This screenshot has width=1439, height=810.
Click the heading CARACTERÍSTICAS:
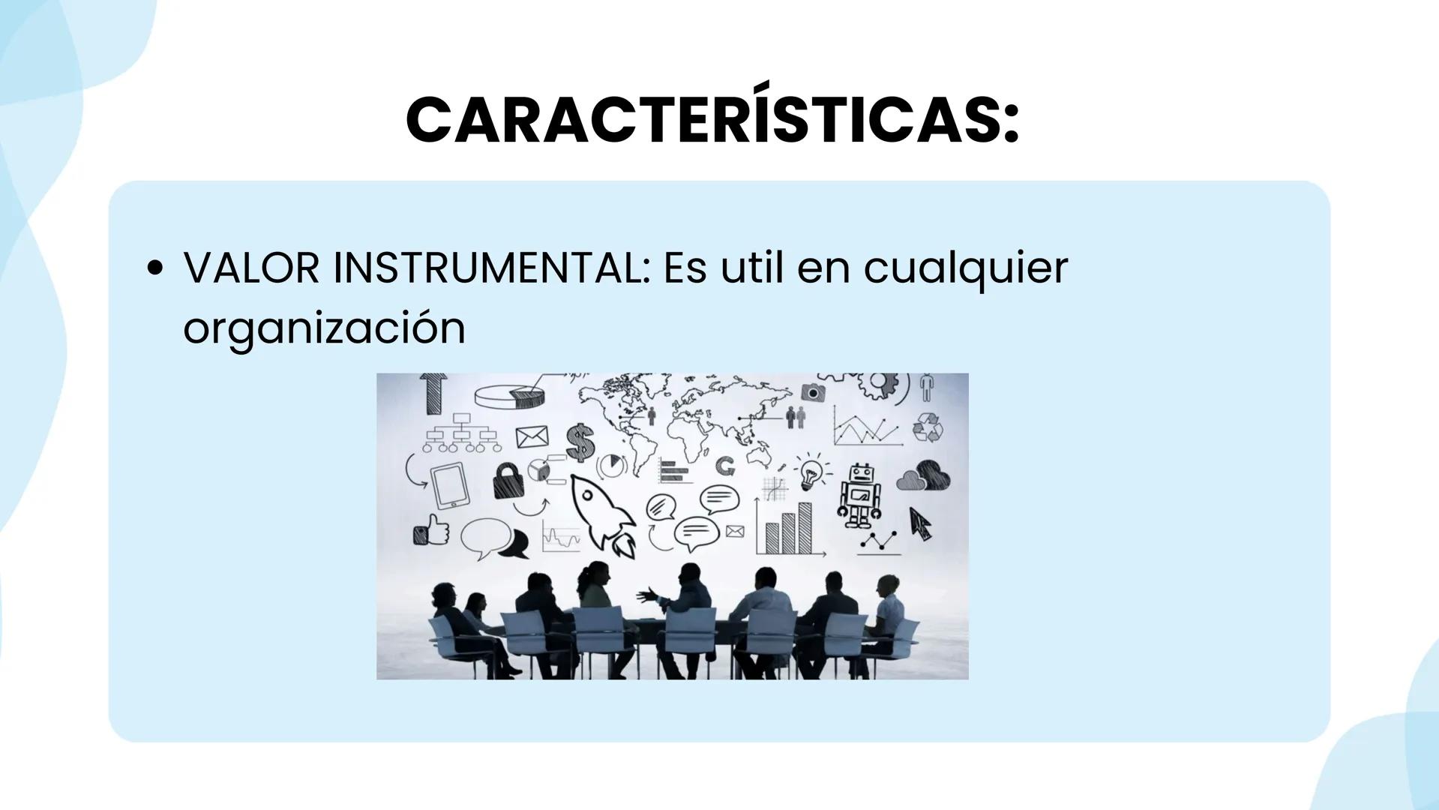[x=712, y=119]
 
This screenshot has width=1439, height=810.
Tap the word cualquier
[x=965, y=269]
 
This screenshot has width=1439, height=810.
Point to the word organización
[x=324, y=329]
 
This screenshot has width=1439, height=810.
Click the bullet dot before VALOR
[x=155, y=269]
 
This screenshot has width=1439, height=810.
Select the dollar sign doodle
[x=579, y=442]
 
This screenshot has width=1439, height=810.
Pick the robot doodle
[x=859, y=494]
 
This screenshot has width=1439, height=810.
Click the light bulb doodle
[x=811, y=472]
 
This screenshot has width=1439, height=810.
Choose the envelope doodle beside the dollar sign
[x=532, y=436]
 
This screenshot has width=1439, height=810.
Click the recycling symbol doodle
[x=928, y=427]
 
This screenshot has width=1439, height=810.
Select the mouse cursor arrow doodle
[x=919, y=522]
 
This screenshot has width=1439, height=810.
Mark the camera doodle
[x=813, y=391]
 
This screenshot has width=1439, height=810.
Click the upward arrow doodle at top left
[x=433, y=393]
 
